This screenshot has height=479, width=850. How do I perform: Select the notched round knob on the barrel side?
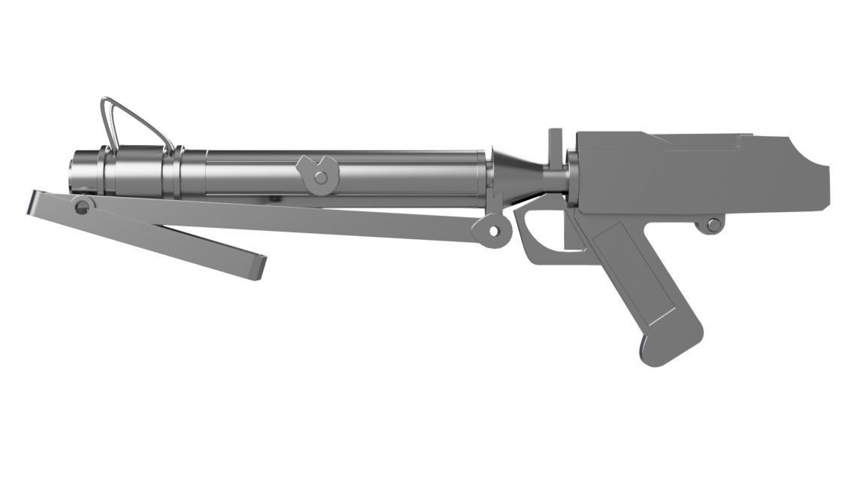[319, 173]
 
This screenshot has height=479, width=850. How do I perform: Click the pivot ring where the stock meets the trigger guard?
[493, 230]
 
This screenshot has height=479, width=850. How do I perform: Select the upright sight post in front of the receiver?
[555, 147]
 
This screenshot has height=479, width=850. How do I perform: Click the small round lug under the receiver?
[710, 224]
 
